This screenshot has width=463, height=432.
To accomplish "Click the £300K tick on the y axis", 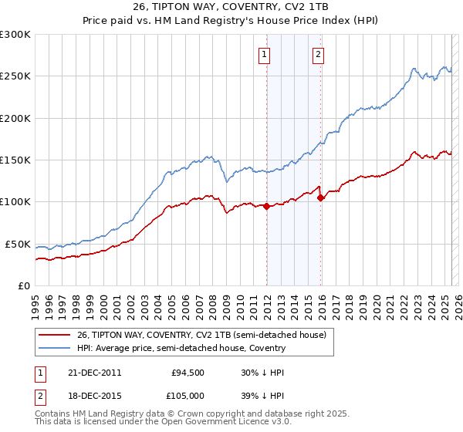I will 15,35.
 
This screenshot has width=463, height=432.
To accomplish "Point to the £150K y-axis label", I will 15,160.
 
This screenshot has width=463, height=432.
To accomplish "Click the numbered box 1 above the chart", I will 265,54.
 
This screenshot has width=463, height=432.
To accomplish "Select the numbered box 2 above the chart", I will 318,54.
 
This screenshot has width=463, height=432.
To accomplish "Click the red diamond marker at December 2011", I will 266,206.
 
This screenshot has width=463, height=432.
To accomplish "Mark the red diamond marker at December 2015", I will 320,197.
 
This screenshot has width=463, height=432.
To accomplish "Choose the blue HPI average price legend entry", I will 181,348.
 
